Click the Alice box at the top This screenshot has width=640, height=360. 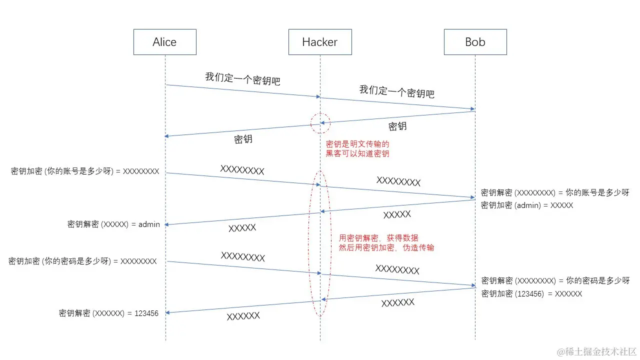click(x=164, y=42)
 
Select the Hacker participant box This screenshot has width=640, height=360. click(x=320, y=42)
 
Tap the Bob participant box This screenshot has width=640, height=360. click(x=475, y=42)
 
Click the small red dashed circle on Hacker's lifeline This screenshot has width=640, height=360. click(x=320, y=123)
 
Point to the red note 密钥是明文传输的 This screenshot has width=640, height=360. click(x=357, y=144)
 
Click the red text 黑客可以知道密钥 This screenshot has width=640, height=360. click(x=357, y=154)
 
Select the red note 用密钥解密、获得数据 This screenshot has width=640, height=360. click(x=378, y=237)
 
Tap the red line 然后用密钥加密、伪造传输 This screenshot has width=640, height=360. click(x=386, y=247)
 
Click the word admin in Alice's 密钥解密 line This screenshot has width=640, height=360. click(x=149, y=224)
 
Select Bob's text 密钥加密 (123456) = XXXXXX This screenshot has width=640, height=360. click(x=531, y=294)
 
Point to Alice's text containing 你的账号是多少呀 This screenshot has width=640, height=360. click(x=85, y=171)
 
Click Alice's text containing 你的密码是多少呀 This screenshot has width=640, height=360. click(x=82, y=261)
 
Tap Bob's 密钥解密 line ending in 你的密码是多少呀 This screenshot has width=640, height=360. click(x=555, y=280)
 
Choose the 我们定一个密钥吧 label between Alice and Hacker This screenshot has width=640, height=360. click(x=242, y=78)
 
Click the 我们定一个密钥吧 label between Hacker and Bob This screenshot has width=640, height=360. click(x=396, y=91)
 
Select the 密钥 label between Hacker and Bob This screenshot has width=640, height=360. click(x=397, y=126)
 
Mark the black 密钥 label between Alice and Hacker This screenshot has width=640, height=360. click(x=243, y=139)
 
